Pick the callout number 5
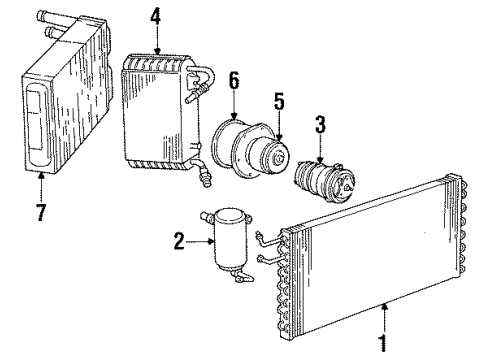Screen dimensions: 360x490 point(279,101)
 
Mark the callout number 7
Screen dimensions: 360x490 point(39,187)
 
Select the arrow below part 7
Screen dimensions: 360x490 point(39,173)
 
